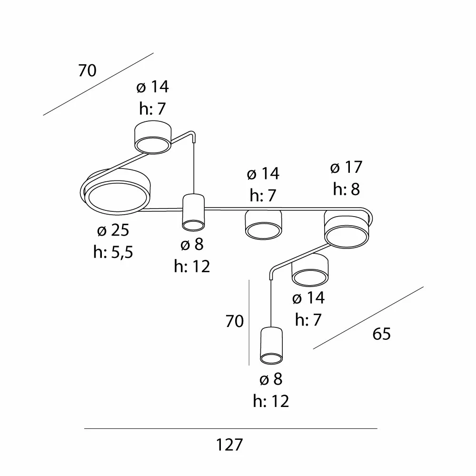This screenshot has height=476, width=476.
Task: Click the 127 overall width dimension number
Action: [x=229, y=445]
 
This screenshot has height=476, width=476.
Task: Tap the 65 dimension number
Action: [x=381, y=334]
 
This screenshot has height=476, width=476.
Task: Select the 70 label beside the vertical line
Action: [x=234, y=321]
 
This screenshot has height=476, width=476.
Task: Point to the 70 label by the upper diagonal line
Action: [x=87, y=70]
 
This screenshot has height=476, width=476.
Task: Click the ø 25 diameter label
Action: [x=113, y=230]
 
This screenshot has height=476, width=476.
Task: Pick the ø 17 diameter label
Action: [x=346, y=167]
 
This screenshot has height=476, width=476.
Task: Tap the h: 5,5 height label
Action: [x=113, y=252]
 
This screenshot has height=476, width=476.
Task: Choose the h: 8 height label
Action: [x=346, y=189]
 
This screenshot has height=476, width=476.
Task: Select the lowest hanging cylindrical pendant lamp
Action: [x=271, y=346]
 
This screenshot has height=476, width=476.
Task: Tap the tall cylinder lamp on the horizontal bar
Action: [x=193, y=212]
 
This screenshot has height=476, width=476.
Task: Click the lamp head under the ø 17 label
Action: [x=347, y=228]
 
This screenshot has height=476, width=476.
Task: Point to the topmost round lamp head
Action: [x=153, y=137]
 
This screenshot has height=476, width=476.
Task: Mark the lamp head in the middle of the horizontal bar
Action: [x=263, y=225]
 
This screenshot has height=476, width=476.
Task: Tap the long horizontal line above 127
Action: [x=231, y=429]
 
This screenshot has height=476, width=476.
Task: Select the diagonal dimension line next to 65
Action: [x=368, y=318]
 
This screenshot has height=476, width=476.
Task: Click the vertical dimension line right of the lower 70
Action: [x=249, y=322]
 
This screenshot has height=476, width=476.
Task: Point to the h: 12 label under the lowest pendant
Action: [x=271, y=401]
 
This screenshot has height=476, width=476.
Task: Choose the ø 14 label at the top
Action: [x=152, y=87]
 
